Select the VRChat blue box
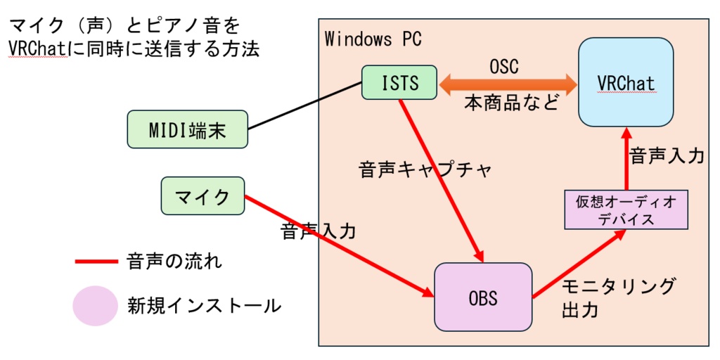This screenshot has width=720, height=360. (x=625, y=82)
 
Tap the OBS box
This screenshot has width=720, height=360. (x=483, y=297)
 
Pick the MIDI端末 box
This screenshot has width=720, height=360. (x=188, y=129)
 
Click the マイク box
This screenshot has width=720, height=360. (x=202, y=196)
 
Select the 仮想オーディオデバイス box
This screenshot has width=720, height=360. (x=626, y=210)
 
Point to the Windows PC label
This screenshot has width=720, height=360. (x=373, y=39)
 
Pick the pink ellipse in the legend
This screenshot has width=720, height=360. (x=94, y=306)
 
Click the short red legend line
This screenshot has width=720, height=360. (x=96, y=262)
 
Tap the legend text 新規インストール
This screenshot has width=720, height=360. (x=204, y=306)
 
